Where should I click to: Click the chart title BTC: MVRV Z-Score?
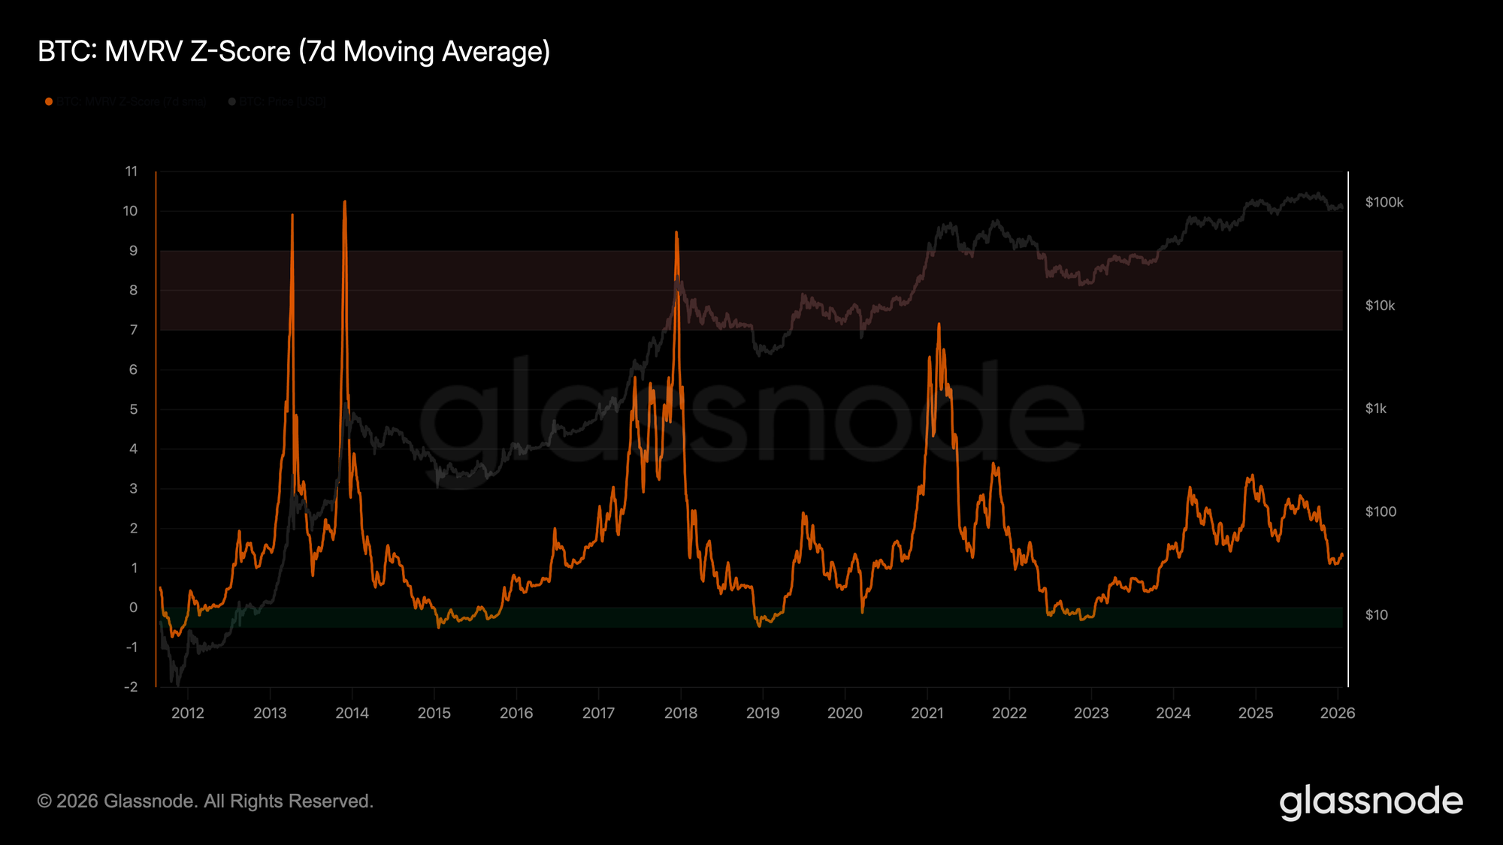pos(294,52)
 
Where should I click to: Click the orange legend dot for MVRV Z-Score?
pos(49,102)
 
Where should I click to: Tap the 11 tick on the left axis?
pos(132,171)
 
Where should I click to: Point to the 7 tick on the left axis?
pos(134,330)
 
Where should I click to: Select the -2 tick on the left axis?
pos(131,687)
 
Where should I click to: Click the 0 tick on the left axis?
pos(134,607)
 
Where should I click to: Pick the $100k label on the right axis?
pos(1384,203)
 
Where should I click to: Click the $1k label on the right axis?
pos(1376,409)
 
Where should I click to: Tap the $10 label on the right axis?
pos(1377,615)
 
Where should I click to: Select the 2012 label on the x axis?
pos(188,713)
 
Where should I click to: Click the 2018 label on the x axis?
pos(681,713)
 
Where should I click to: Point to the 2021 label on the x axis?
pos(927,713)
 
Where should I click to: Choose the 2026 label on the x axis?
pos(1338,713)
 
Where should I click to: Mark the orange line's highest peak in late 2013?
pos(344,201)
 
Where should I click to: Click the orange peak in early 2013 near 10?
pos(292,216)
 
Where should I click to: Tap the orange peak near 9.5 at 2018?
pos(676,232)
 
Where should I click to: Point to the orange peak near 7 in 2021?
pos(939,324)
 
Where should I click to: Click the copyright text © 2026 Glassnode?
pos(205,801)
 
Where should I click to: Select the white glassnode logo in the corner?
pos(1371,801)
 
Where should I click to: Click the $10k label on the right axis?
pos(1381,306)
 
